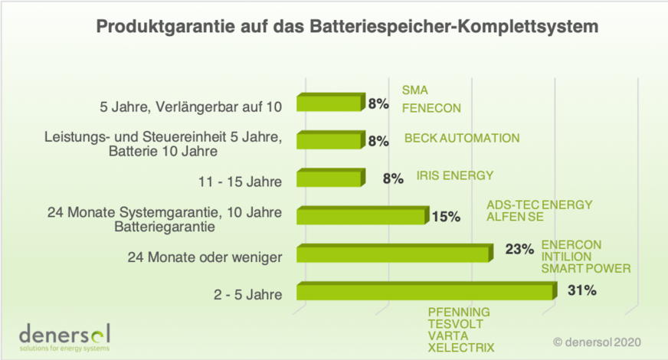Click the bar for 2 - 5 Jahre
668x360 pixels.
point(424,292)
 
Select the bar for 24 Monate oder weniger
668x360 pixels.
point(392,254)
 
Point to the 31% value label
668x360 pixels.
point(582,290)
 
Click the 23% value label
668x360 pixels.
point(519,249)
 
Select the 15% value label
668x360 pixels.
point(446,217)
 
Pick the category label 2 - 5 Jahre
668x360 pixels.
point(250,294)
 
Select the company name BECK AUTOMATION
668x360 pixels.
point(462,139)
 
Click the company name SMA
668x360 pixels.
point(414,90)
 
